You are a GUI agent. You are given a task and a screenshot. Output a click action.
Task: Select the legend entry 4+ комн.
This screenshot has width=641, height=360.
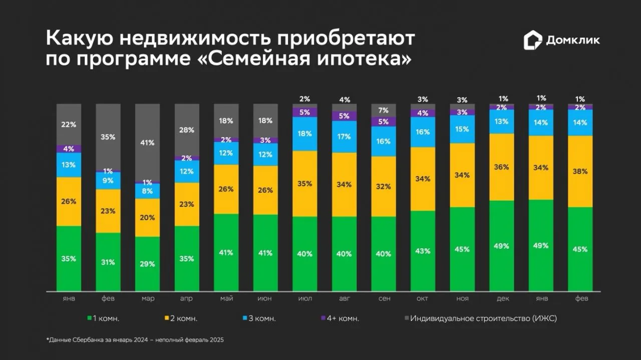tap(340, 318)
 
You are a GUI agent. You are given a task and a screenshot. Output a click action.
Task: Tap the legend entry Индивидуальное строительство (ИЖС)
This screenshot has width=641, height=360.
tap(481, 318)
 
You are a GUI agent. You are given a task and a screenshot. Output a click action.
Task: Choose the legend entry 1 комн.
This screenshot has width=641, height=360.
tap(103, 318)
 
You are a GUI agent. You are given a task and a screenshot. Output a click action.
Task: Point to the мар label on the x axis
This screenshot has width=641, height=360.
tap(148, 298)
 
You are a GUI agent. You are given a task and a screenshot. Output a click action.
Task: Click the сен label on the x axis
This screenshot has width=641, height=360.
tap(384, 298)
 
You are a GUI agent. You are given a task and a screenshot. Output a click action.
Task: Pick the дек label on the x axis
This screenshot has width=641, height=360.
tap(502, 298)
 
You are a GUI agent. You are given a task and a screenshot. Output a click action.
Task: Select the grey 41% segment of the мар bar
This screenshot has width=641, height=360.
tap(147, 142)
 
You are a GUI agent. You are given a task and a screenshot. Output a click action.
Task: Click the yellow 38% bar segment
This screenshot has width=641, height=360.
tap(580, 171)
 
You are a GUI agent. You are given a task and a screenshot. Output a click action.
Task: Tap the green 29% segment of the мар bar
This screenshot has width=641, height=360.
tap(147, 264)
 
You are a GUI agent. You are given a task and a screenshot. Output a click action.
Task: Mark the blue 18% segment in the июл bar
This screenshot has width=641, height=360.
tap(305, 134)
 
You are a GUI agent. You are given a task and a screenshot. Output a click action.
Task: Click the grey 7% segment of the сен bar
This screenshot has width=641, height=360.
tap(384, 110)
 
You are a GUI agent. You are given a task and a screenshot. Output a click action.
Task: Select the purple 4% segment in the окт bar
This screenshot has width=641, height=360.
tap(423, 113)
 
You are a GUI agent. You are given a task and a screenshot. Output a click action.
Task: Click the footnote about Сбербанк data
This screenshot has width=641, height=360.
tap(135, 340)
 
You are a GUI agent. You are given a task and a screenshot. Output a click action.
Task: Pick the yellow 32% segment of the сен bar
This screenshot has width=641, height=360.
tap(384, 186)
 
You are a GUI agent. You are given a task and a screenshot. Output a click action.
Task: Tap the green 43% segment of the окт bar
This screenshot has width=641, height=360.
tap(423, 251)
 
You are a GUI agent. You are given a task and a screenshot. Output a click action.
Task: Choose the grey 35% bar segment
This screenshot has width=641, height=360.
tap(108, 137)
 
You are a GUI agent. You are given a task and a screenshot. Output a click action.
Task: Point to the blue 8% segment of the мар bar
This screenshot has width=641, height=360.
tap(147, 191)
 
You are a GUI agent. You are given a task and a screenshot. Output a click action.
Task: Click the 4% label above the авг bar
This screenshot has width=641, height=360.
tap(345, 100)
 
